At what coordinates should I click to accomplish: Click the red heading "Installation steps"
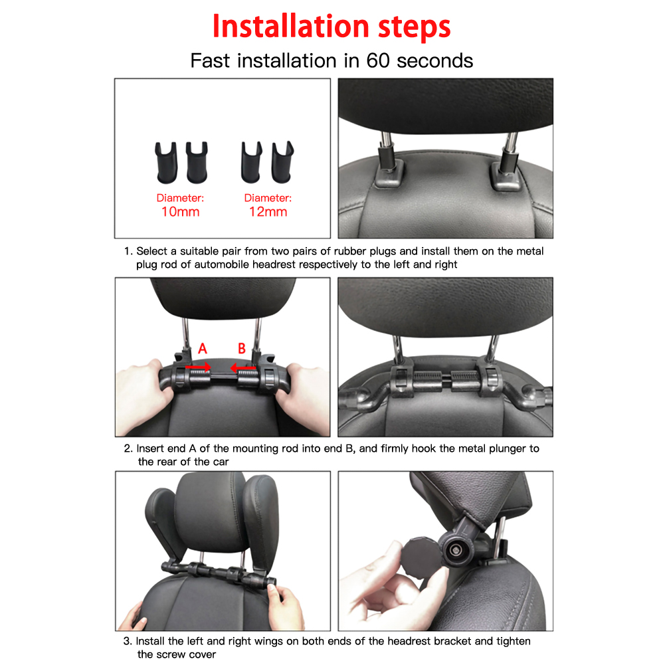[332, 27]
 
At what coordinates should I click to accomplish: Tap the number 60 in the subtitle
[378, 60]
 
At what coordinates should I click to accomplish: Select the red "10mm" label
[180, 212]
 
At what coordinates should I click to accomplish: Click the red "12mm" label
[268, 212]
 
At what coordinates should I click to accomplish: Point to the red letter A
[203, 349]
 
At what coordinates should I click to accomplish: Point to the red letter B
[242, 349]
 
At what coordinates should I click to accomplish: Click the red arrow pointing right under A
[198, 367]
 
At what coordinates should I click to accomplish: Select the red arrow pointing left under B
[243, 367]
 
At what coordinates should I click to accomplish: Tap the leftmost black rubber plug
[166, 163]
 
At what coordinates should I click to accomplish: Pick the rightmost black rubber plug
[282, 162]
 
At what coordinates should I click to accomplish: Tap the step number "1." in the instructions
[128, 251]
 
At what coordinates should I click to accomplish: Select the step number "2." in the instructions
[128, 448]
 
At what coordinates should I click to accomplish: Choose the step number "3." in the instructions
[128, 641]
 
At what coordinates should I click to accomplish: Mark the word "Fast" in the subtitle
[212, 60]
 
